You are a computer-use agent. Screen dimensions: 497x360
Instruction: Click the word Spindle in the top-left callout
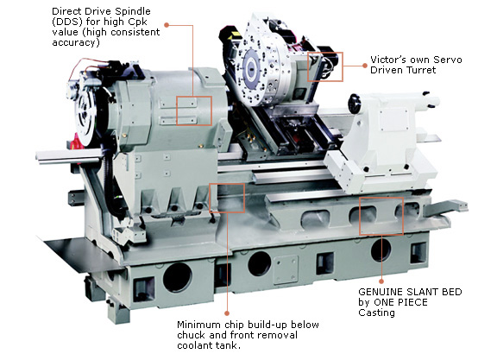[x=133, y=11]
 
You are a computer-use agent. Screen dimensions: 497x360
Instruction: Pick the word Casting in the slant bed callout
[x=376, y=313]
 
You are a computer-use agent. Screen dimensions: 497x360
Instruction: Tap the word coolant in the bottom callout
[x=195, y=345]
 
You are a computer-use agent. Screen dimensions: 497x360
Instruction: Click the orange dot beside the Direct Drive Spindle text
[x=166, y=25]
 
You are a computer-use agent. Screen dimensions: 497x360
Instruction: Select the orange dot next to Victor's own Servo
[x=364, y=66]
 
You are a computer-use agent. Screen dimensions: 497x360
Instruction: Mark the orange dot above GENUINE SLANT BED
[x=381, y=281]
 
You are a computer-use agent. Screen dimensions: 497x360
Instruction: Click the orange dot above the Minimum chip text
[x=227, y=313]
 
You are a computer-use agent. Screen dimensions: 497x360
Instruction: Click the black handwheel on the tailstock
[x=355, y=104]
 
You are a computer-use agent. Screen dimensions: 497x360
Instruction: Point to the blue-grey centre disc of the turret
[x=252, y=69]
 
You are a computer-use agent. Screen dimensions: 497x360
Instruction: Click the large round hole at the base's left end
[x=177, y=278]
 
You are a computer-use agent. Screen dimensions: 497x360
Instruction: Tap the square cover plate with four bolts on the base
[x=286, y=270]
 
